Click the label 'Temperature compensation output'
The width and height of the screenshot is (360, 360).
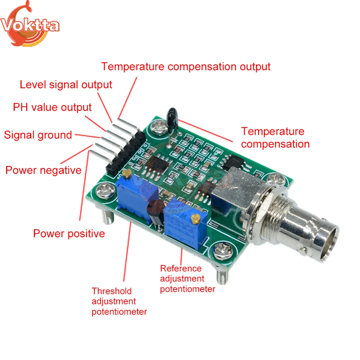click(x=185, y=67)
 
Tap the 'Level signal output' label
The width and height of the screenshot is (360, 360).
click(x=66, y=85)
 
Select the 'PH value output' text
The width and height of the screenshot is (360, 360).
click(x=52, y=107)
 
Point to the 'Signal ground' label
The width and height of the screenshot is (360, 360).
click(x=38, y=135)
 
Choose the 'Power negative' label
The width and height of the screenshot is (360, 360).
click(x=43, y=170)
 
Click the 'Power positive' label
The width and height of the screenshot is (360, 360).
click(x=69, y=234)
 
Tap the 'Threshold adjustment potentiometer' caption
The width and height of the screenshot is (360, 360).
click(x=119, y=301)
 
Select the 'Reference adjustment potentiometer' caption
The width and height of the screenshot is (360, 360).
click(x=188, y=279)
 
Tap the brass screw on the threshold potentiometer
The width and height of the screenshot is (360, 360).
click(x=126, y=174)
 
